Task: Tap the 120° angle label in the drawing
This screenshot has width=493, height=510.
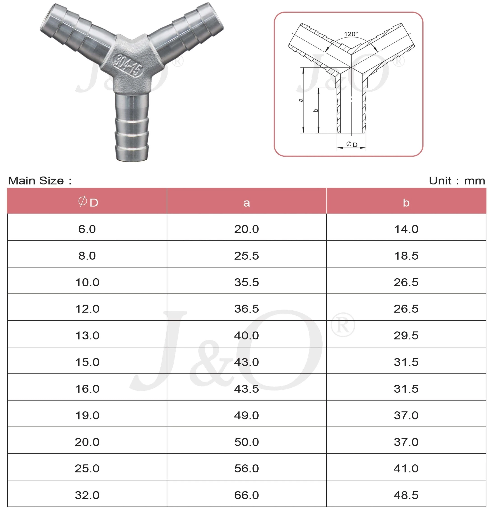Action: click(351, 34)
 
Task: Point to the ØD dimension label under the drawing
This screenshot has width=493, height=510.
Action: click(352, 144)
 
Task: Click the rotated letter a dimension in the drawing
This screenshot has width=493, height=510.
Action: click(301, 100)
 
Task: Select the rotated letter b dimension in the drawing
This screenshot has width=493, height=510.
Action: click(316, 110)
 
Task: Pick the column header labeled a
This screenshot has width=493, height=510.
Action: click(246, 203)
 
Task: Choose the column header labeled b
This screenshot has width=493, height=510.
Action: click(406, 203)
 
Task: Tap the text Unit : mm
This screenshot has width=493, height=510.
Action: click(457, 181)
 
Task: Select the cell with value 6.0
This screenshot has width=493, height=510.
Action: click(87, 229)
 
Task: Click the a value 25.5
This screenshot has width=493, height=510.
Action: click(246, 256)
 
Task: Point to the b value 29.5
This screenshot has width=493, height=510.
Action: click(406, 336)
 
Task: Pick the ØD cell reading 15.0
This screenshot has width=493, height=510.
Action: click(87, 362)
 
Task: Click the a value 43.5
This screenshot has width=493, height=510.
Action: click(246, 389)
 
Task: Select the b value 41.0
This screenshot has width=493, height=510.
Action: click(406, 469)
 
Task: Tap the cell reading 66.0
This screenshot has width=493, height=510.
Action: click(246, 495)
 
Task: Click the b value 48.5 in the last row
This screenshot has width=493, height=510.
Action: click(406, 495)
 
